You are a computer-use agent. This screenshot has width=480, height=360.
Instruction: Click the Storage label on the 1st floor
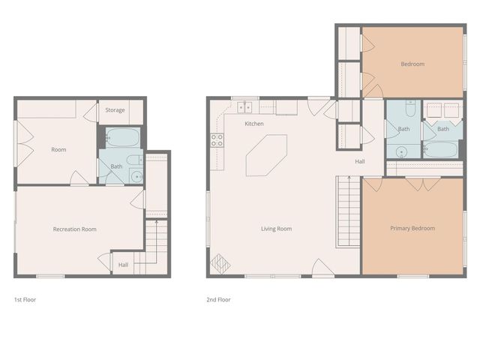(115, 110)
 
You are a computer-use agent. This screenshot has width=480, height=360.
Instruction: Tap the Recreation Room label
(74, 229)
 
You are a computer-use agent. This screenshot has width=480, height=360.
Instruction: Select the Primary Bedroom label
(412, 228)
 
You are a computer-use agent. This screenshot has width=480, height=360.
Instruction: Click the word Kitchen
(253, 123)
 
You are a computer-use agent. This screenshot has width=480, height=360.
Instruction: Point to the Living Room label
(276, 229)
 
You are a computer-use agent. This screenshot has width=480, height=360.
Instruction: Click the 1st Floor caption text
(25, 299)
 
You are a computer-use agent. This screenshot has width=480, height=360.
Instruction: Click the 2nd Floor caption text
(218, 299)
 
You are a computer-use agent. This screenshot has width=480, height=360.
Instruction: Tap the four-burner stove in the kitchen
(217, 139)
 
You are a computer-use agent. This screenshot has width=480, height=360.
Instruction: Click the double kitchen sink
(245, 107)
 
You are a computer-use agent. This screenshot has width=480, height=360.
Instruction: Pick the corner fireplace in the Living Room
(220, 264)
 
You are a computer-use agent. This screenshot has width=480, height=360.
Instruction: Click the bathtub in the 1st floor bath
(121, 138)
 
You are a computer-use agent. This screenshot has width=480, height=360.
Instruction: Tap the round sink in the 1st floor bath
(135, 177)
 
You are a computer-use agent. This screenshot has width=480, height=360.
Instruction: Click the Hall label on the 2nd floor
(360, 162)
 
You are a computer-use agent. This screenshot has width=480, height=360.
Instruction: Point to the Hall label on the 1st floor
(123, 264)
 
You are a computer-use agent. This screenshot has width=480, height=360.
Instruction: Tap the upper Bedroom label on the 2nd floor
(412, 64)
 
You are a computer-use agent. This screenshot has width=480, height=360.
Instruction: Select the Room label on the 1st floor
(58, 149)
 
